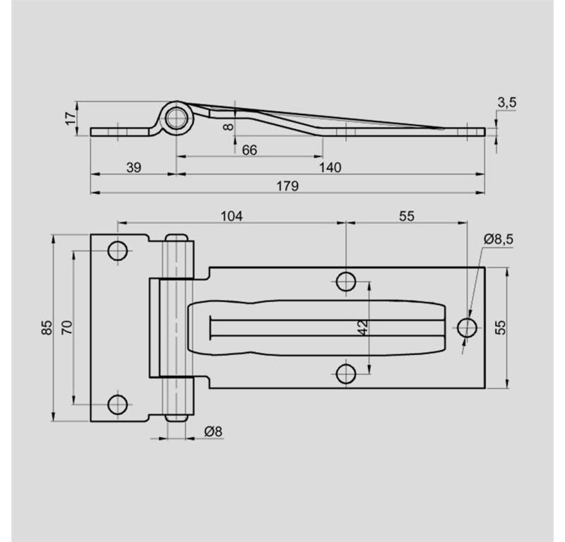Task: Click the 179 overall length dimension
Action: click(x=287, y=186)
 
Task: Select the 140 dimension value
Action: click(x=330, y=167)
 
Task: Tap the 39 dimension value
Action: click(x=133, y=167)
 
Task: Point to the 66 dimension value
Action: click(x=249, y=150)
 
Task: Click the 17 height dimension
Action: click(x=71, y=119)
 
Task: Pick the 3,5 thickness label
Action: click(x=507, y=102)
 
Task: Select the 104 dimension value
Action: click(x=232, y=216)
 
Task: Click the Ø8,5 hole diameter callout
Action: click(x=499, y=239)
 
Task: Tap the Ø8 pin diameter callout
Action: click(x=213, y=431)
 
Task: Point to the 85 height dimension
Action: click(x=47, y=327)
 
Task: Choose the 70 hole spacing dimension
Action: click(x=67, y=327)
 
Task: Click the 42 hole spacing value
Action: click(x=363, y=327)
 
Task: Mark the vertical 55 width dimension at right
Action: click(x=500, y=327)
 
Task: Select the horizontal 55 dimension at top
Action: click(x=407, y=216)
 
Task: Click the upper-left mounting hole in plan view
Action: click(x=117, y=251)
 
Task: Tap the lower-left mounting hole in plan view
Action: click(x=117, y=404)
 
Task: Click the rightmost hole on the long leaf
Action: click(x=467, y=327)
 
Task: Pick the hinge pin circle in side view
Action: click(x=177, y=118)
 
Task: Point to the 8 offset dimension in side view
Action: click(x=229, y=126)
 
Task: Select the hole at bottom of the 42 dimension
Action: click(x=346, y=374)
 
